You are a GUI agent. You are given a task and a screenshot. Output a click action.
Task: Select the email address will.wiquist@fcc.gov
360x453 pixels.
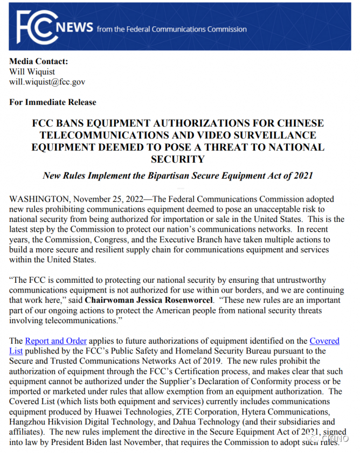47,82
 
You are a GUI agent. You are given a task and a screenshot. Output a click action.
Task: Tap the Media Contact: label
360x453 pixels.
38,61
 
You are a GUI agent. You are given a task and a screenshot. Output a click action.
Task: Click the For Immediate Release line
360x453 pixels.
53,102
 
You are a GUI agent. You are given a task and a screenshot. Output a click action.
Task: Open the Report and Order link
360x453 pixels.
56,340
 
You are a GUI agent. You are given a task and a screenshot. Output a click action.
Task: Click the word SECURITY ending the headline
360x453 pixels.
178,159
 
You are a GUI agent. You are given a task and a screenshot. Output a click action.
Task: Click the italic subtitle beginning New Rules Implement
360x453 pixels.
178,176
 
